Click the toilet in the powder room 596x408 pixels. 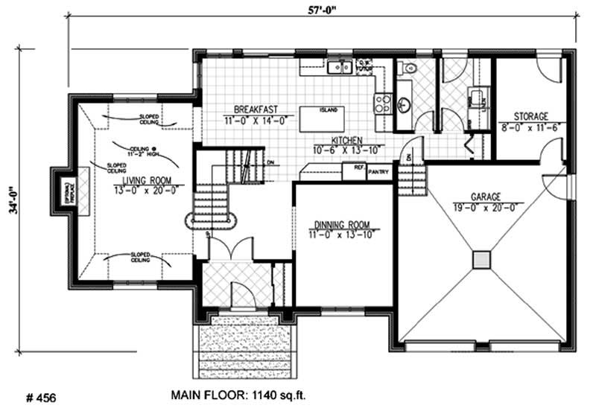[x=407, y=68]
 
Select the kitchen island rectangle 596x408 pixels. [x=323, y=118]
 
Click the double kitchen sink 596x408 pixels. [x=340, y=68]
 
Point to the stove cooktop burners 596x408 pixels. [x=383, y=102]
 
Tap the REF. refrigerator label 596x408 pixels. [x=358, y=168]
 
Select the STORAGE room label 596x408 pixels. [x=531, y=117]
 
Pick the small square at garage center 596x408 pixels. [x=483, y=259]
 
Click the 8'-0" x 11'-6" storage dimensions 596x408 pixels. [x=531, y=127]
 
